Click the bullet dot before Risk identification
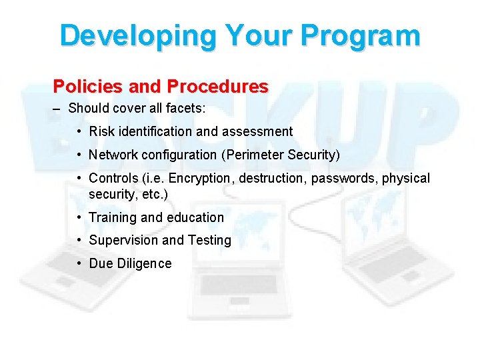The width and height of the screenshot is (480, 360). coord(79,131)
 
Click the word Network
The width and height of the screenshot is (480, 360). coord(113,155)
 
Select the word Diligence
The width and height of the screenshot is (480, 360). coord(144,263)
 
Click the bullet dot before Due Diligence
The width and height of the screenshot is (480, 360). coord(79,263)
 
